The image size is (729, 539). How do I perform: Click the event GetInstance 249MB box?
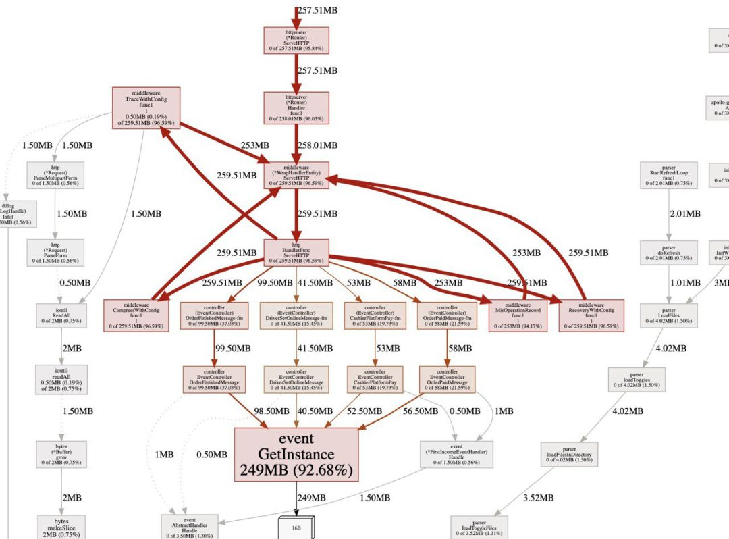pos(296,453)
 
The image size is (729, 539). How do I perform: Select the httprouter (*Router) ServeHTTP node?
pos(296,41)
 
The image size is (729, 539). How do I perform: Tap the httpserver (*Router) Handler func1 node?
pos(296,108)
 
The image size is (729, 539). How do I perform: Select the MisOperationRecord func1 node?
pos(518,315)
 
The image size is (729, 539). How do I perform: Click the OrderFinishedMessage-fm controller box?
pos(214,315)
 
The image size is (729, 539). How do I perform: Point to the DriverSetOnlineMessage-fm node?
pos(296,315)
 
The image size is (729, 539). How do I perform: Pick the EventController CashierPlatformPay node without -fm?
pos(375,379)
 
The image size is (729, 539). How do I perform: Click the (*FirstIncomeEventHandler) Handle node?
pos(456,455)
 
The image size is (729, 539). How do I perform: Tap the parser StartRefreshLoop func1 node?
pos(669,177)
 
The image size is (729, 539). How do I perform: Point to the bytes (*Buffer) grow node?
pos(61,455)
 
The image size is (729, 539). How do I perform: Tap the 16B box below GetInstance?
pos(296,527)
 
